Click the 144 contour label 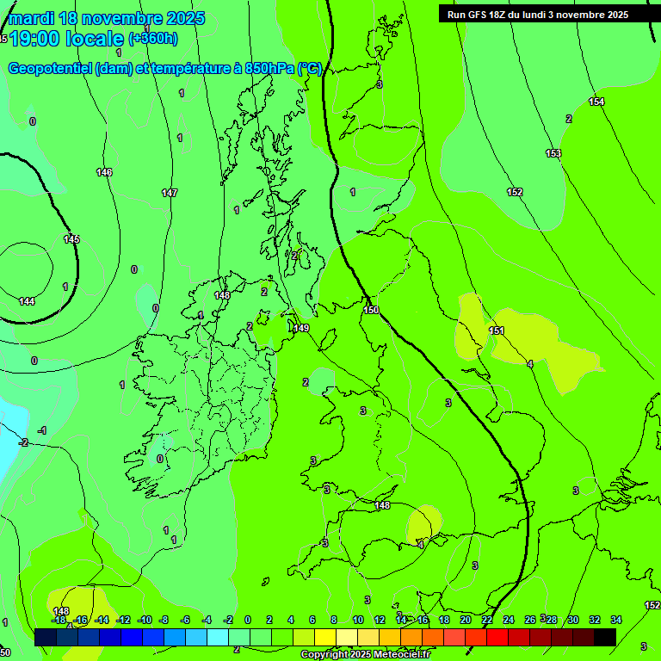27,301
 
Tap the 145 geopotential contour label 71,239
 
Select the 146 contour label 104,173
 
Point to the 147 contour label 170,194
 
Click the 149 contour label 301,328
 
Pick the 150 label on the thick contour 371,310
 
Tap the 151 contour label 497,330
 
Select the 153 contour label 553,154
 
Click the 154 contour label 596,102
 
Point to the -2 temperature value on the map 23,442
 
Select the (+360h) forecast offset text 153,39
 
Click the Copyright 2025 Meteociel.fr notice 365,655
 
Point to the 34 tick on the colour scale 616,620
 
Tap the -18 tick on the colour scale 59,620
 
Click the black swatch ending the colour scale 605,637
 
